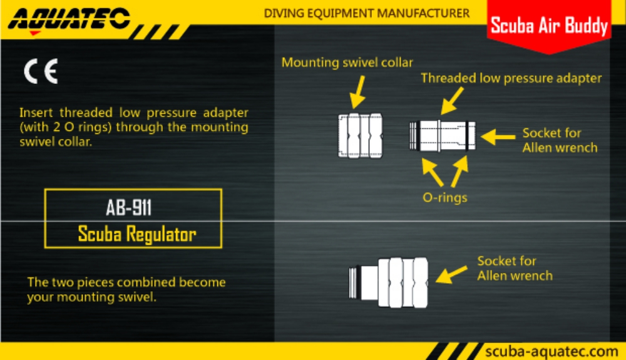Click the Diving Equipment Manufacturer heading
point(366,13)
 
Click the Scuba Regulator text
point(136,234)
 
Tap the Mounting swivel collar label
point(347,62)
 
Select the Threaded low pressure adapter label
point(511,78)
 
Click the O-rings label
point(444,198)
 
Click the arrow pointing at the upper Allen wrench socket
point(498,136)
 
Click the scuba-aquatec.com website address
point(552,351)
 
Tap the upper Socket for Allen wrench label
point(560,140)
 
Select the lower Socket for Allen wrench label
point(515,268)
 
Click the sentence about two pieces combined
point(126,289)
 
